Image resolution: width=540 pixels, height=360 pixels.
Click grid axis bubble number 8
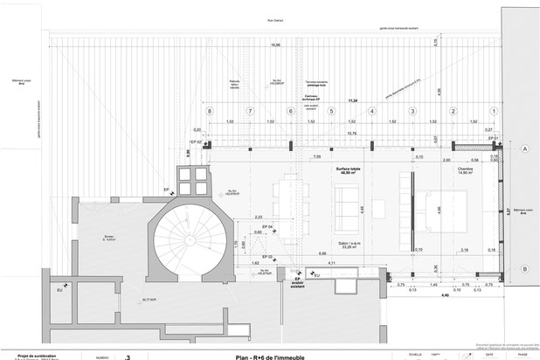[x=210, y=111]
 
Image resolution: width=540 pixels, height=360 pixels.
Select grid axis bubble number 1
[x=495, y=111]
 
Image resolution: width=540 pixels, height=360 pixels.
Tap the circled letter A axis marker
[x=525, y=149]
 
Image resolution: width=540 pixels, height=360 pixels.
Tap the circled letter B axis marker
[x=525, y=270]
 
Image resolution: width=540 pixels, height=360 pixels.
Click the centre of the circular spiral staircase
[x=185, y=237]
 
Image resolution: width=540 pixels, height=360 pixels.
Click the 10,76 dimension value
[x=351, y=134]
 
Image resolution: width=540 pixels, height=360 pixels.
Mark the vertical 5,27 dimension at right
[x=509, y=211]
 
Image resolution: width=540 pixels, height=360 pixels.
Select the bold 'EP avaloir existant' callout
[x=297, y=283]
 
